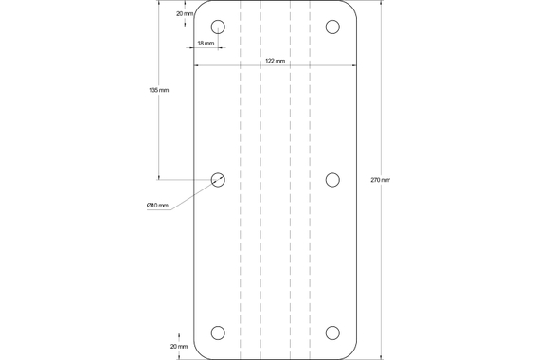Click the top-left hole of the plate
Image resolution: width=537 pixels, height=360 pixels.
tap(218, 27)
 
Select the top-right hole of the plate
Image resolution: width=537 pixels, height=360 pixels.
tap(332, 27)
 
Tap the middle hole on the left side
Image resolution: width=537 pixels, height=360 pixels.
tap(218, 180)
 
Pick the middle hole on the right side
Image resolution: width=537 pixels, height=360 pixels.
tap(332, 180)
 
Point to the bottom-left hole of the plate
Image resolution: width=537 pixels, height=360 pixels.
tap(218, 333)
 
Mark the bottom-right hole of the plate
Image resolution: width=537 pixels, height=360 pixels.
tap(332, 333)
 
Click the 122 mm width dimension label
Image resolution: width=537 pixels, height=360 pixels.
tap(275, 61)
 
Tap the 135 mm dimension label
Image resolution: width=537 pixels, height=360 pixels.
tap(159, 91)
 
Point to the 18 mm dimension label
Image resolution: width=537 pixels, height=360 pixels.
tap(206, 44)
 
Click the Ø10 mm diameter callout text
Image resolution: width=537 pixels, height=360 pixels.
tap(157, 206)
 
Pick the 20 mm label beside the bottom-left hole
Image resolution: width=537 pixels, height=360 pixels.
tap(178, 347)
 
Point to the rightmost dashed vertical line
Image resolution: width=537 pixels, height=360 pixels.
tap(309, 180)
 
